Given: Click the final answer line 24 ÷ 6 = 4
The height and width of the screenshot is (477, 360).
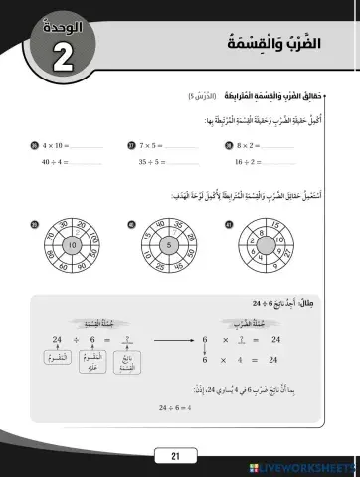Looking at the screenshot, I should [x=175, y=406].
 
